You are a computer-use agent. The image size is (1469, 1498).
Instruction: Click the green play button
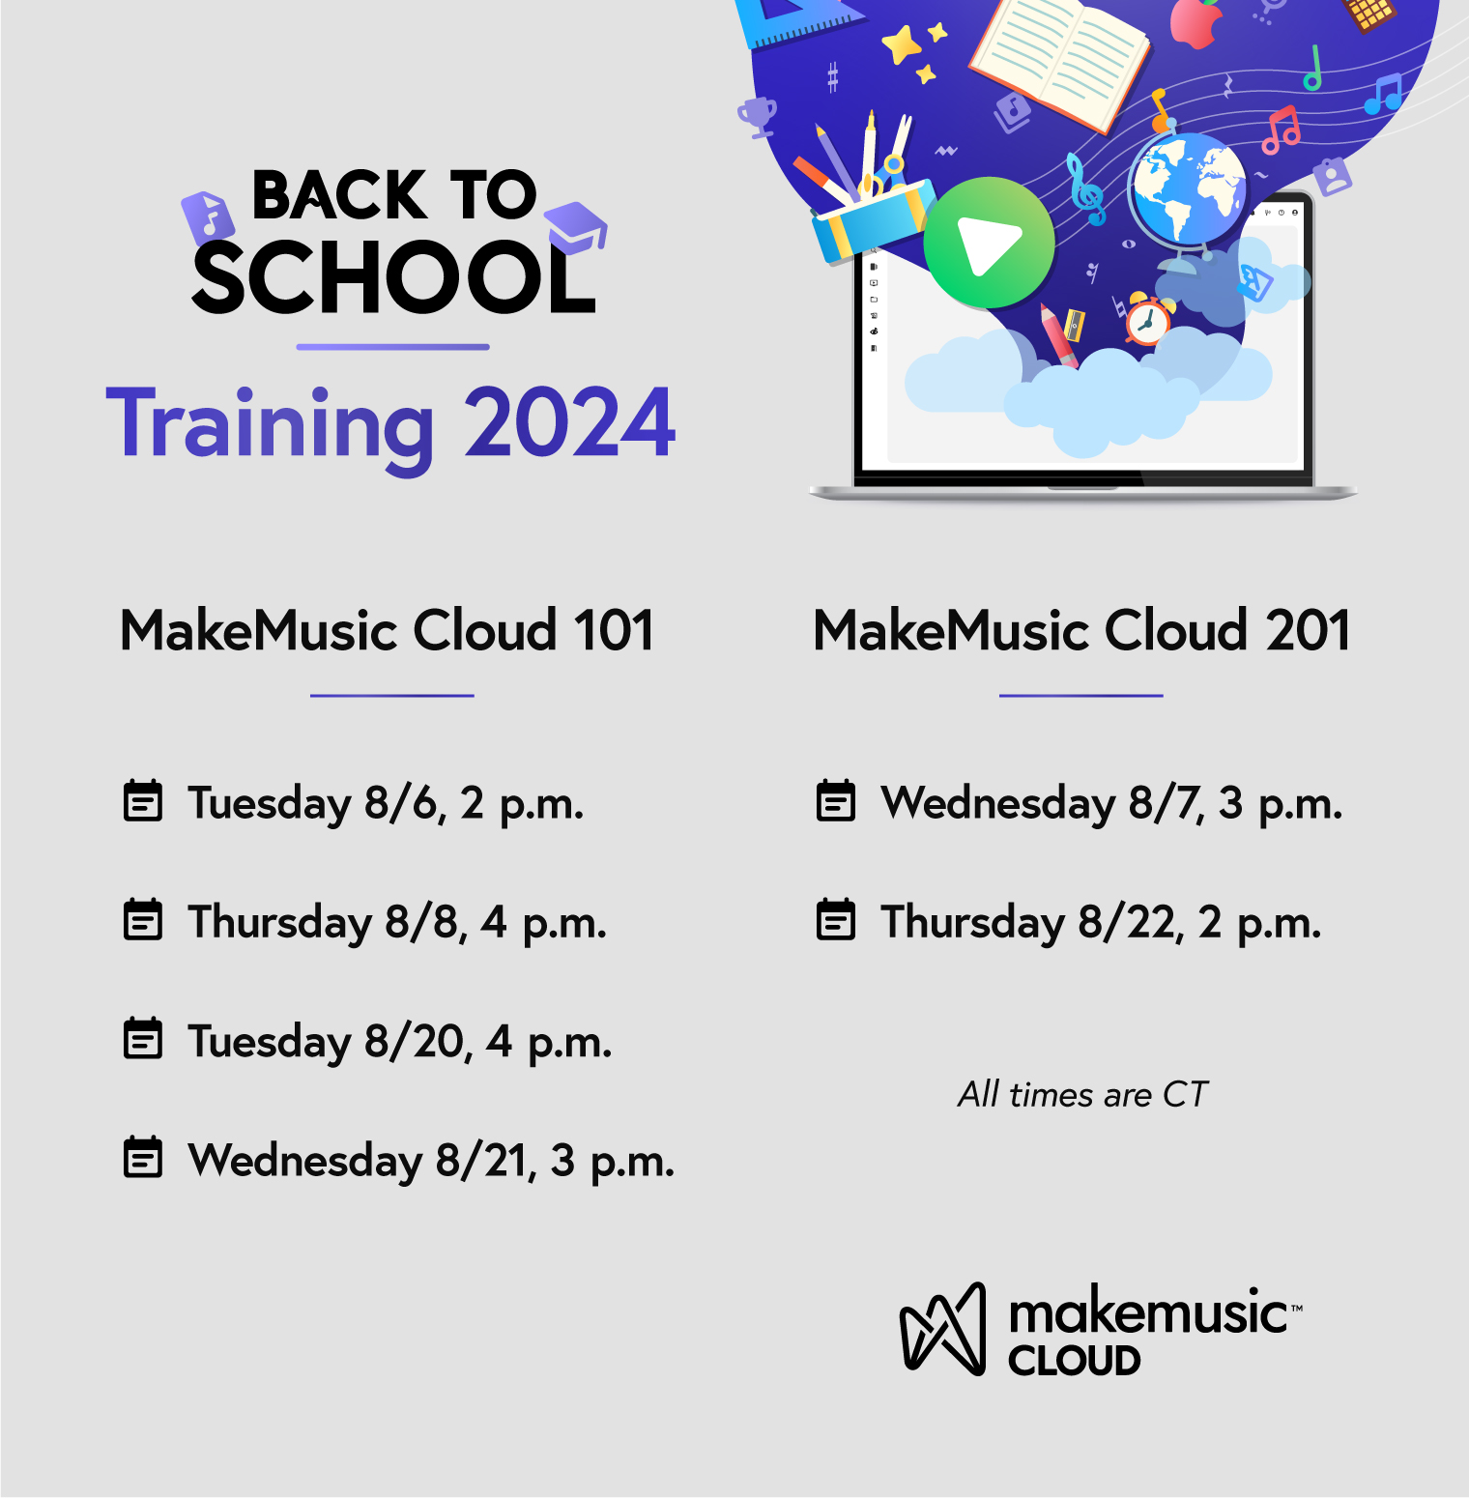pos(989,243)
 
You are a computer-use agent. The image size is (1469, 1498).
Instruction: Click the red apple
pos(1196,23)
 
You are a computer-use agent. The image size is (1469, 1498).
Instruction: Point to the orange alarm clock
pos(1148,320)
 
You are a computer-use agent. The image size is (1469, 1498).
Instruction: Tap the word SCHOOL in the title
pos(394,278)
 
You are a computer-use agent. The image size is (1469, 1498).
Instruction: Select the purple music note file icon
pos(207,216)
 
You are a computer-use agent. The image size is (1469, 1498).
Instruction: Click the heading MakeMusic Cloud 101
pos(388,631)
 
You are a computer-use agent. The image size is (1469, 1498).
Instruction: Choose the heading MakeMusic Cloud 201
pos(1081,631)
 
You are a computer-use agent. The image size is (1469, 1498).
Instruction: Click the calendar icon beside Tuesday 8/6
pos(143,801)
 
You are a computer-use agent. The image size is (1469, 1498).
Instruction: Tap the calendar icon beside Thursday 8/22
pos(836,919)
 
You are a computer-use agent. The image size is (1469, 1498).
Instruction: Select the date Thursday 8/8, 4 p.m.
pos(397,922)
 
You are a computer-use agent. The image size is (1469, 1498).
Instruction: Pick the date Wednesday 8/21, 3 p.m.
pos(431,1161)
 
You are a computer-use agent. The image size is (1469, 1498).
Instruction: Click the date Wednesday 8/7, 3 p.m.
pos(1111,803)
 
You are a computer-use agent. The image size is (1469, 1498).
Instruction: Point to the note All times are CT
pos(1082,1095)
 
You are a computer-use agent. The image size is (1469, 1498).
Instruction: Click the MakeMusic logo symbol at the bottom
pos(943,1329)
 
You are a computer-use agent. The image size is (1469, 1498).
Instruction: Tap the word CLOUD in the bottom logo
pos(1075,1361)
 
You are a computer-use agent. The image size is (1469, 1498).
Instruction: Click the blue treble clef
pos(1087,189)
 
